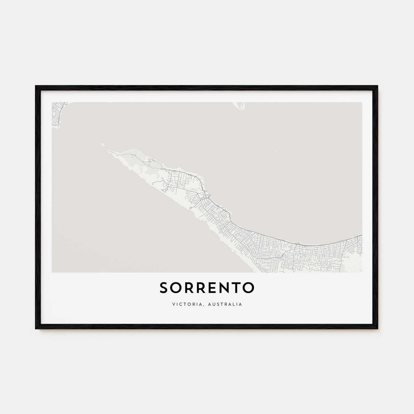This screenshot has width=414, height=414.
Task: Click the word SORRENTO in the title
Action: click(207, 287)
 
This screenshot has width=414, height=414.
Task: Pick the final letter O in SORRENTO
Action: click(248, 287)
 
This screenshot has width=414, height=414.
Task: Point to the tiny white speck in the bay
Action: click(276, 151)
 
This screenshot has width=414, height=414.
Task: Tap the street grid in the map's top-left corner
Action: click(57, 112)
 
